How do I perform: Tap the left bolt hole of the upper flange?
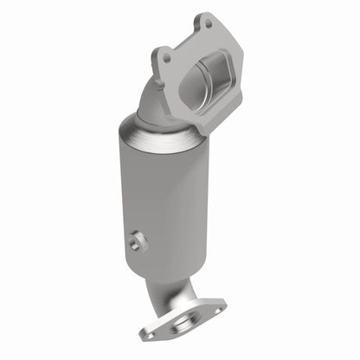click(x=164, y=58)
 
